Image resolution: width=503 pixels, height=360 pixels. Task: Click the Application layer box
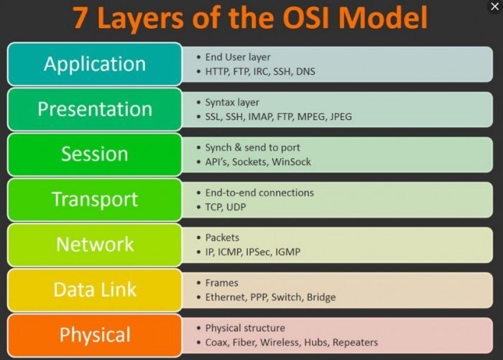[x=94, y=64]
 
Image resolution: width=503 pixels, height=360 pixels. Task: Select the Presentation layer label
[x=94, y=109]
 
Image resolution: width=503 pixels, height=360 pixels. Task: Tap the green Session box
[x=94, y=154]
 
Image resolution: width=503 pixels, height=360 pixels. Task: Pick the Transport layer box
[x=94, y=199]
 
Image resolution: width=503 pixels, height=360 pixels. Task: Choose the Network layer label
[x=94, y=244]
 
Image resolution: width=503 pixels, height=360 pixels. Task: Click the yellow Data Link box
[x=94, y=290]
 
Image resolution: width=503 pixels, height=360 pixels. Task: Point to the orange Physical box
[x=94, y=335]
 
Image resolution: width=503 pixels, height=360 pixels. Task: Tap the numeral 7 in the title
[x=80, y=18]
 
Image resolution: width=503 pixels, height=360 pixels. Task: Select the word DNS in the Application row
[x=305, y=72]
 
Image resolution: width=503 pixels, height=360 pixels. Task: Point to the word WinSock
[x=292, y=162]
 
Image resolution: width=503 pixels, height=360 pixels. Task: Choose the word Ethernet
[x=225, y=297]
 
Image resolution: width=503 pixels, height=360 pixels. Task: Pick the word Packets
[x=222, y=238]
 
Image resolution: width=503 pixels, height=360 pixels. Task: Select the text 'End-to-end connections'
[x=259, y=193]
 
